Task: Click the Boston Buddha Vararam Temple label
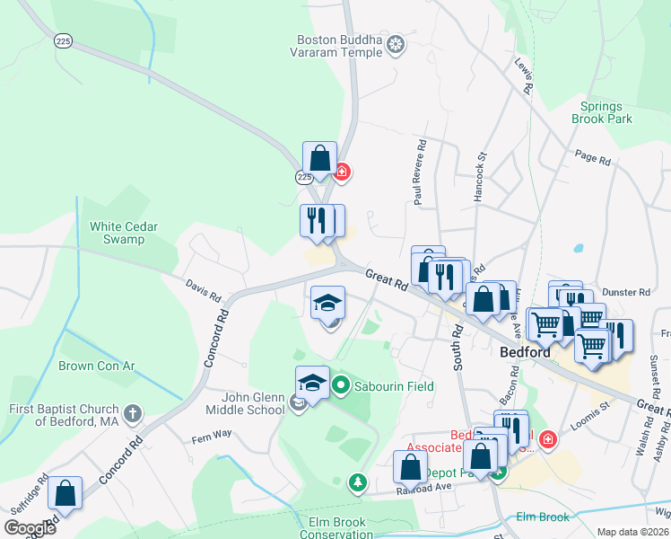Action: coord(340,46)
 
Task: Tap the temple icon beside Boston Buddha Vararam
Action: coord(396,46)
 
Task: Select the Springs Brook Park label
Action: coord(601,112)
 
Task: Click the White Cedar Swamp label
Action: coord(117,233)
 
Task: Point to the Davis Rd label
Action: coord(203,290)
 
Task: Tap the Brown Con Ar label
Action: coord(96,366)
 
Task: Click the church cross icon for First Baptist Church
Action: coord(133,413)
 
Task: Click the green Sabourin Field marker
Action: coord(341,386)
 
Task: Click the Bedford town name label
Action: coord(524,353)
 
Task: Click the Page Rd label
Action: coord(592,158)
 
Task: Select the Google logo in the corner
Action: coord(30,527)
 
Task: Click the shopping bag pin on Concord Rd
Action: coord(65,493)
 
